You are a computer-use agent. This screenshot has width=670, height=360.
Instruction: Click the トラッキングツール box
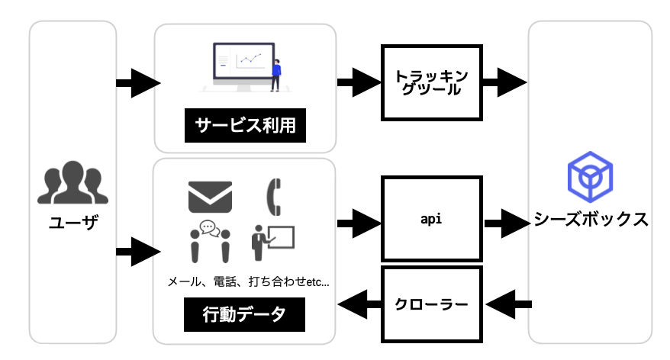tap(432, 82)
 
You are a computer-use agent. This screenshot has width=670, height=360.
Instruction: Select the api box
tap(432, 219)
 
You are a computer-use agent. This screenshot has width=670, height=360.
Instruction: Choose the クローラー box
tap(432, 304)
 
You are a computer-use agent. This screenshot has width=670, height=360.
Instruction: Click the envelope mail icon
tap(210, 197)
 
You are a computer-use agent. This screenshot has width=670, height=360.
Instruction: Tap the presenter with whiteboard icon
tap(272, 242)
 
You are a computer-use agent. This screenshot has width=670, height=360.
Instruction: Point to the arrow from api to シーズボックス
tap(506, 223)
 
